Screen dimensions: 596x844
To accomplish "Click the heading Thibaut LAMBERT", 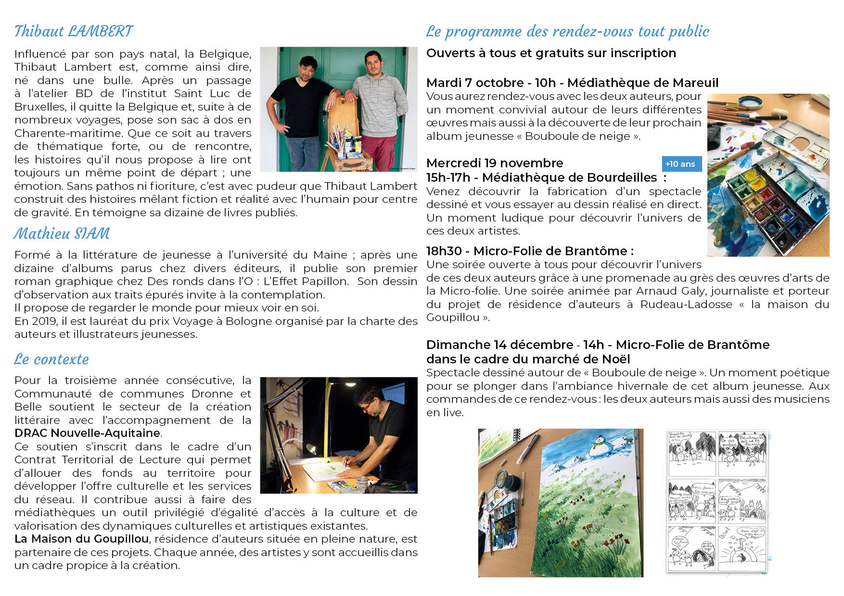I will coord(74,32).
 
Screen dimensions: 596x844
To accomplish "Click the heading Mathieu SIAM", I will coord(62,234).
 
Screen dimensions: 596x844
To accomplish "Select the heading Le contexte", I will coord(51,360).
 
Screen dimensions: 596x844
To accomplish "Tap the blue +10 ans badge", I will coord(681,164).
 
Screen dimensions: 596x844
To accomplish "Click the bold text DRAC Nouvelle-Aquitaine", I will coord(87,433).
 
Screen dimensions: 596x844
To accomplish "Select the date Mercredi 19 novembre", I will coord(494,163).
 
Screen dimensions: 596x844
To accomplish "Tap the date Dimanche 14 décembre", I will coord(499,345).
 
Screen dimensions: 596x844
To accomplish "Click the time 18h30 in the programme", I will coord(444,251).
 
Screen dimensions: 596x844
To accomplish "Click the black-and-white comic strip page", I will coord(717,501).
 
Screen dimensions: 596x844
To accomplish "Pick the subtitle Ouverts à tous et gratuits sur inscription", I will coord(551,53).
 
